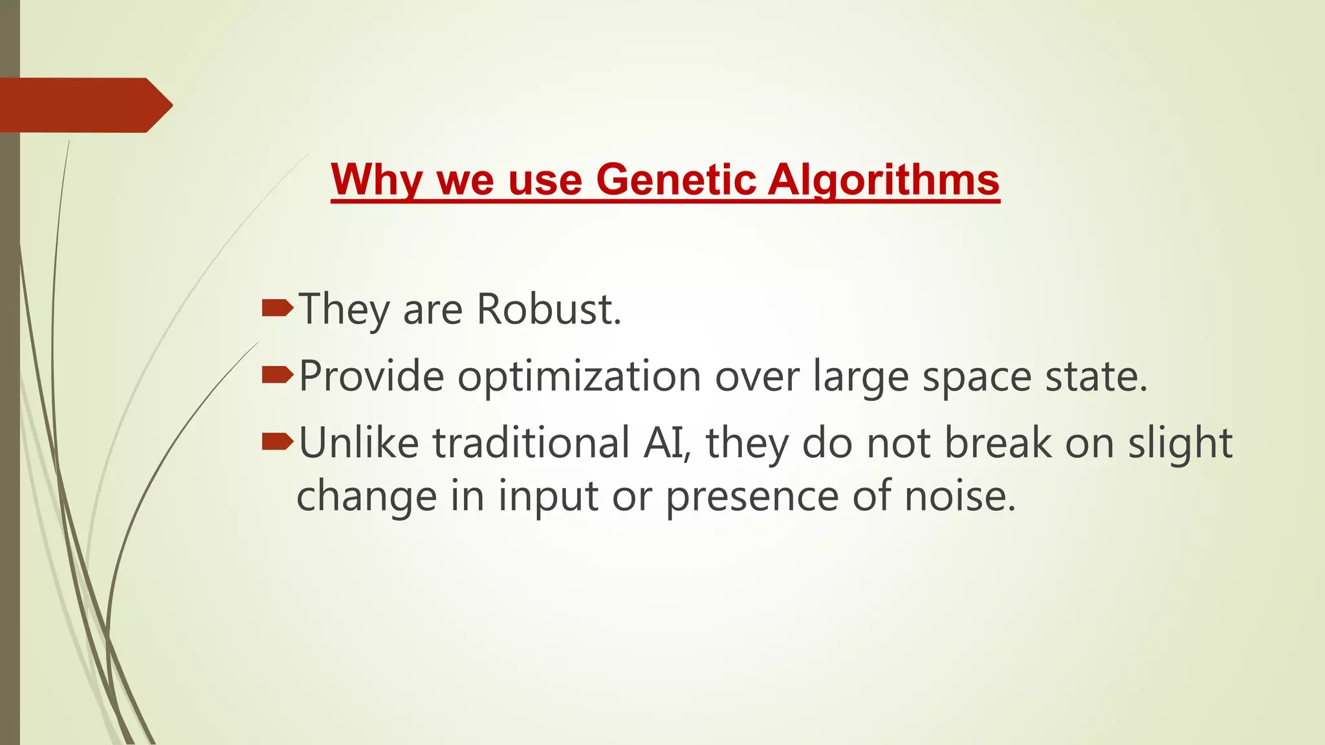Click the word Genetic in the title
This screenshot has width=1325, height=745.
(676, 179)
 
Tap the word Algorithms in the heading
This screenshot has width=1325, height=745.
(884, 179)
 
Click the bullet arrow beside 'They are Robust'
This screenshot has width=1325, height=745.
(278, 308)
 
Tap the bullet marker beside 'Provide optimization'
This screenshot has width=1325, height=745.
(278, 375)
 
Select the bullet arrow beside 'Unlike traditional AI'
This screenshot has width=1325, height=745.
(278, 442)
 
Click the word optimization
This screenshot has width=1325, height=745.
(580, 376)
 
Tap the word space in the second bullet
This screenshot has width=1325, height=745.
(976, 376)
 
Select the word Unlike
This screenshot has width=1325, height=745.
(358, 443)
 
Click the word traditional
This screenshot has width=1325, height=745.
(531, 443)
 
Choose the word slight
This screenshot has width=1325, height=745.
(1180, 444)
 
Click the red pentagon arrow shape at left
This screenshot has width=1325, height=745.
(84, 105)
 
